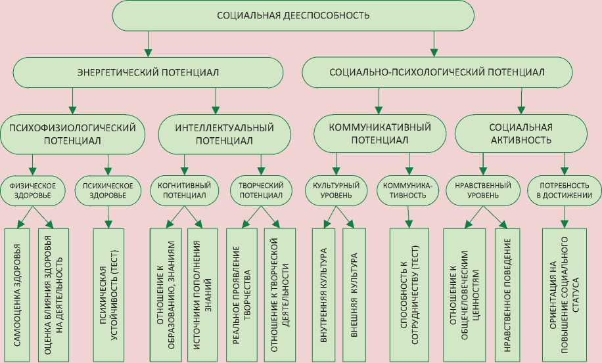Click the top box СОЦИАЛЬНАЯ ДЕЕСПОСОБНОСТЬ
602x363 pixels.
click(x=293, y=15)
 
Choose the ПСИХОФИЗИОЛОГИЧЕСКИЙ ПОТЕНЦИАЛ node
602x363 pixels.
click(x=72, y=133)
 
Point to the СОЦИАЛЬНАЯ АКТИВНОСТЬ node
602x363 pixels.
click(x=521, y=133)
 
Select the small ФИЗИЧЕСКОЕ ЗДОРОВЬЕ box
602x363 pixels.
click(x=32, y=190)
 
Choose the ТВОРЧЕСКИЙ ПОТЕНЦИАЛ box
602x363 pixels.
click(x=260, y=190)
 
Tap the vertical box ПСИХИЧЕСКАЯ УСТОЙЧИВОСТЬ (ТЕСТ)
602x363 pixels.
click(x=108, y=293)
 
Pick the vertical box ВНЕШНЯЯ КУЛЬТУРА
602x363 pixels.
click(x=354, y=293)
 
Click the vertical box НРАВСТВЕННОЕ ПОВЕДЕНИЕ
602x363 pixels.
click(x=507, y=293)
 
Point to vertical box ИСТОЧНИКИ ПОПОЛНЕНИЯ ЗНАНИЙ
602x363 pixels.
click(x=203, y=293)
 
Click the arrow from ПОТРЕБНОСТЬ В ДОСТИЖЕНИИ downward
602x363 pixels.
click(x=563, y=215)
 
